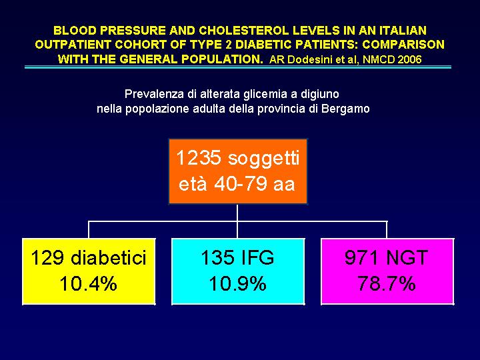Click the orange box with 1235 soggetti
tap(238, 171)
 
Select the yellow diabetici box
tap(89, 271)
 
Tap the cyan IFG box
tap(238, 271)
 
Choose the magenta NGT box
tap(387, 271)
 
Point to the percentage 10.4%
tap(89, 284)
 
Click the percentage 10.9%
tap(238, 284)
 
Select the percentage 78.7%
tap(387, 284)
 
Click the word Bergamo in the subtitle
tap(344, 108)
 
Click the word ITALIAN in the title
tap(403, 31)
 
